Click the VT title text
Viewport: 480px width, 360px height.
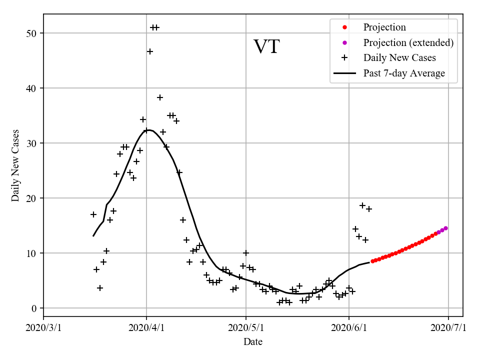(266, 47)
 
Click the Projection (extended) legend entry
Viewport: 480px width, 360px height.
(408, 42)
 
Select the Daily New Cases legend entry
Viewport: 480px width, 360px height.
(399, 58)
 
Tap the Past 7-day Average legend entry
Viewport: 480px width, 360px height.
(404, 73)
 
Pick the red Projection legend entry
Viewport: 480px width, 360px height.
(384, 27)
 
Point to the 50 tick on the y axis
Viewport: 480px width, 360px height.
(33, 33)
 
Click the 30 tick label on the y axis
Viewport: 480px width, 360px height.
(33, 143)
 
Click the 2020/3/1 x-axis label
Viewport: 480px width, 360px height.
(43, 328)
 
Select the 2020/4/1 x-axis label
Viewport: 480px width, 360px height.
(146, 328)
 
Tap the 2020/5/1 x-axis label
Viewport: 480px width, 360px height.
(246, 328)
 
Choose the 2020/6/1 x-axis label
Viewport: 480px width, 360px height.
(349, 328)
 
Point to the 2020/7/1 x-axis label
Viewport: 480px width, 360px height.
(448, 328)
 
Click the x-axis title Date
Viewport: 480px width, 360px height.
(253, 342)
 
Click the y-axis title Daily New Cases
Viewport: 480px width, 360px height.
(15, 165)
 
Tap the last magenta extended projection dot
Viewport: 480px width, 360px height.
(445, 228)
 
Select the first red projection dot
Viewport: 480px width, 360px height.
(372, 261)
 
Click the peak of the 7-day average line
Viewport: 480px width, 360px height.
(149, 130)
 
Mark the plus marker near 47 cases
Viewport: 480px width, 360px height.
(150, 51)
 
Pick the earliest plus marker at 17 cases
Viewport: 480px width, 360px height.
(93, 214)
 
